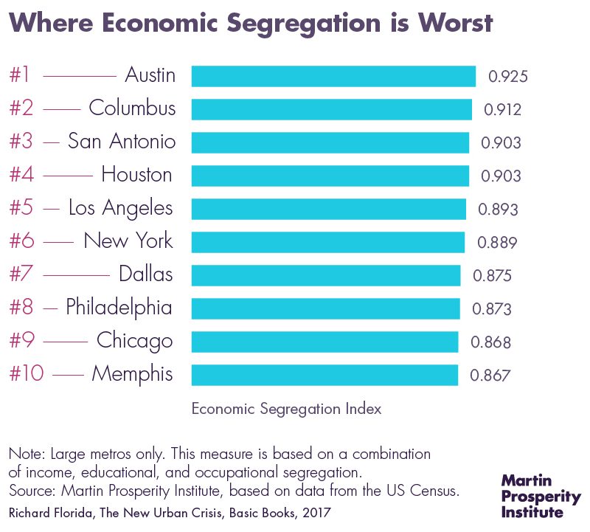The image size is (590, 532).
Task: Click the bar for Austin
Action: pyautogui.click(x=333, y=76)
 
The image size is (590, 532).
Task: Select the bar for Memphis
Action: pyautogui.click(x=324, y=375)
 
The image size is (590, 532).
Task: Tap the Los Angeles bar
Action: pyautogui.click(x=328, y=209)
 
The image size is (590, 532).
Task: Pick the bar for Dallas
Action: pyautogui.click(x=326, y=275)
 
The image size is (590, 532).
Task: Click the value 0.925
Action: pyautogui.click(x=508, y=76)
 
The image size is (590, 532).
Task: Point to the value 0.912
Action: pyautogui.click(x=503, y=109)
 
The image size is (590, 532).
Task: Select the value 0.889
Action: pyautogui.click(x=498, y=242)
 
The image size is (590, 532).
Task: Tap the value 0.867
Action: pyautogui.click(x=490, y=375)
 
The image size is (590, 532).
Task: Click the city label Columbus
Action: pyautogui.click(x=132, y=108)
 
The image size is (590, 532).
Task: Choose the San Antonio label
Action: pyautogui.click(x=122, y=142)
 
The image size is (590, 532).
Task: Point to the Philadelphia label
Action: pyautogui.click(x=119, y=308)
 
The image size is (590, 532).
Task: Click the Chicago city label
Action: pyautogui.click(x=134, y=341)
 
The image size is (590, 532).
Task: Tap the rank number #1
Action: pyautogui.click(x=20, y=75)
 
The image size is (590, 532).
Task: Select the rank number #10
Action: pyautogui.click(x=27, y=374)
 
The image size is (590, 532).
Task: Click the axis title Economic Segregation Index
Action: pyautogui.click(x=286, y=409)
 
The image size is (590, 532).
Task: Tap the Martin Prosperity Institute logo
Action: pyautogui.click(x=541, y=496)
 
